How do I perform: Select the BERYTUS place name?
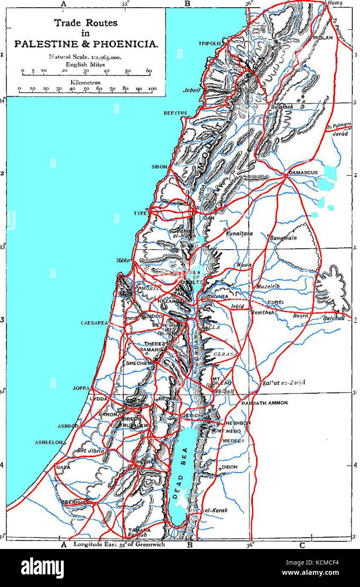[x=175, y=114]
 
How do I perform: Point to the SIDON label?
[x=160, y=167]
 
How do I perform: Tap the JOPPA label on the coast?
[x=81, y=388]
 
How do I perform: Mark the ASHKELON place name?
[x=49, y=443]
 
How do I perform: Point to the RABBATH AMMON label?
[x=264, y=403]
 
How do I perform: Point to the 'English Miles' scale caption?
[x=86, y=64]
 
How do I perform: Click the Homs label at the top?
[x=336, y=3]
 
